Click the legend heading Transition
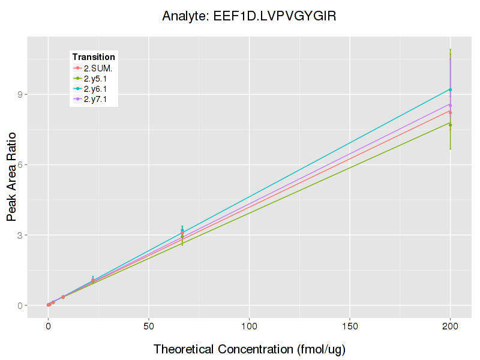pos(94,57)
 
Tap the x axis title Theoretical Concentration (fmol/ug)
pos(250,349)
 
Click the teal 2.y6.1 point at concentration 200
pos(450,89)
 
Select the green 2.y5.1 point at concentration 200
pos(450,125)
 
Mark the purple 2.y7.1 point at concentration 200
pos(450,105)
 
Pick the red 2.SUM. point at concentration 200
pos(450,112)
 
